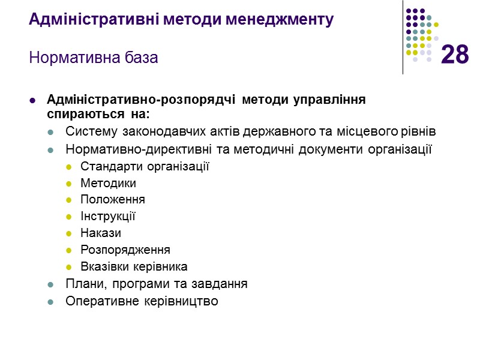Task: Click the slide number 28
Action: [x=455, y=55]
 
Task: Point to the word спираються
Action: [x=77, y=113]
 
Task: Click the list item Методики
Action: [x=108, y=183]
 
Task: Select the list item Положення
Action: [x=113, y=199]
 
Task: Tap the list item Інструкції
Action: [x=108, y=216]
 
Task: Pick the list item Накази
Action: [x=101, y=233]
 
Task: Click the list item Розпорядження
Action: [x=125, y=250]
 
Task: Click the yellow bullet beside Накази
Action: [x=68, y=233]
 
